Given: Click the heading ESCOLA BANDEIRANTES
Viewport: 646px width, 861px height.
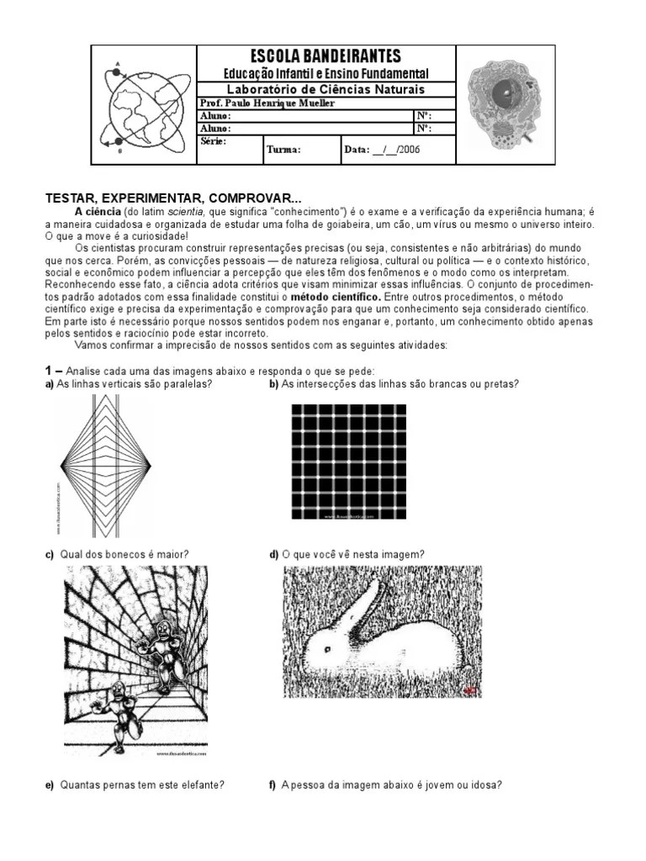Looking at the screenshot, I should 326,56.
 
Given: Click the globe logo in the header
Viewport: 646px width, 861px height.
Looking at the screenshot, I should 144,106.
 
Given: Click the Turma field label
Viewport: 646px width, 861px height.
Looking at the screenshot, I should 283,150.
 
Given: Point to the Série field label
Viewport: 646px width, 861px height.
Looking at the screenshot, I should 213,141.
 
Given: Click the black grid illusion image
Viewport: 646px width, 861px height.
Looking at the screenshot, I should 348,462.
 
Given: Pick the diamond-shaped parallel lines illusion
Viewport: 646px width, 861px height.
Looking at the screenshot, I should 105,465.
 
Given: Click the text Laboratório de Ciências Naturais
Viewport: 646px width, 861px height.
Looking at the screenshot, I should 326,89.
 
